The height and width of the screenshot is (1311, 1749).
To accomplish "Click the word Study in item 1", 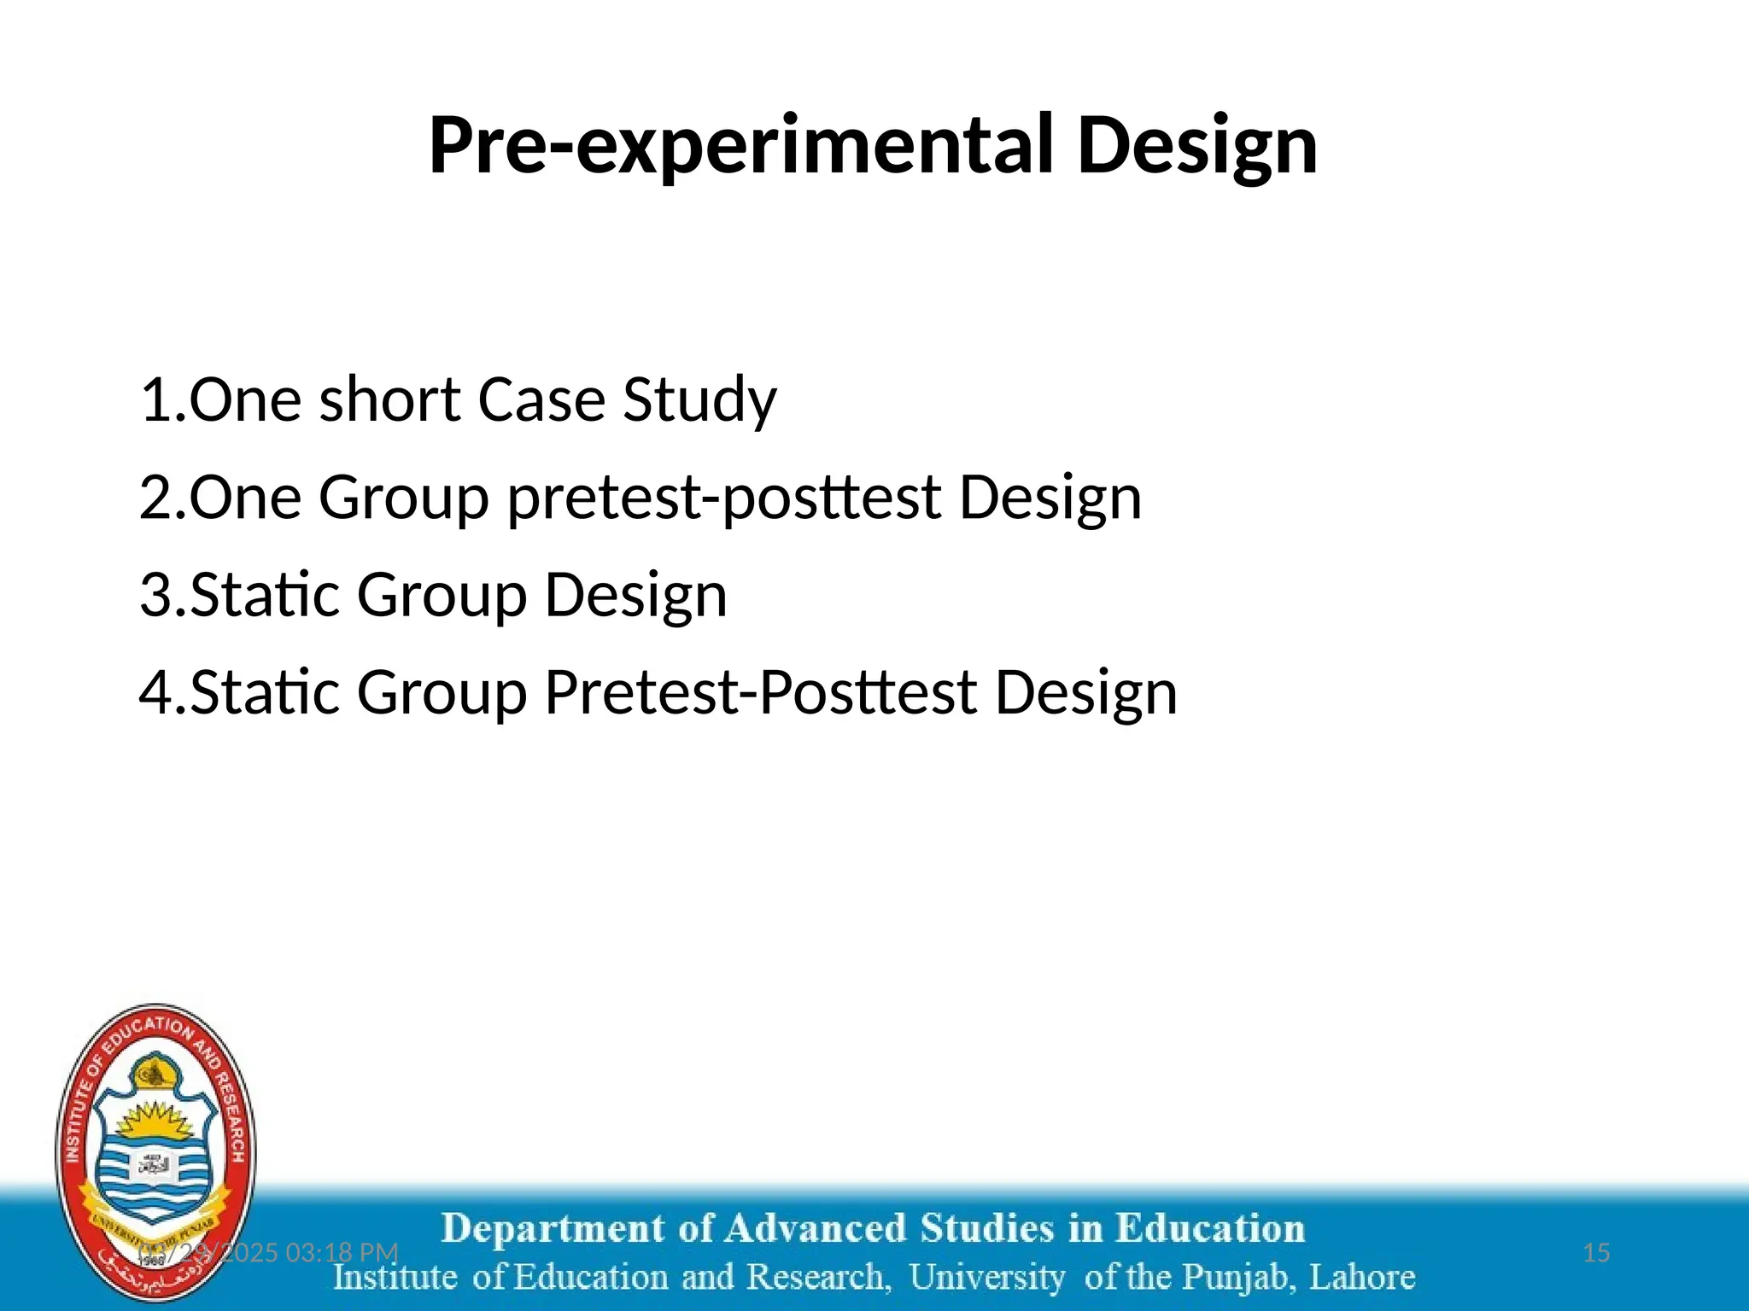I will click(x=699, y=399).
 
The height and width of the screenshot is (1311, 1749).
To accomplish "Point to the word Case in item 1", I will click(x=541, y=399).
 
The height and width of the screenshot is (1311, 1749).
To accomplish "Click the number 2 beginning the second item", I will click(x=155, y=498).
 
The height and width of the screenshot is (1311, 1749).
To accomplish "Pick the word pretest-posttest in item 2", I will click(x=723, y=498).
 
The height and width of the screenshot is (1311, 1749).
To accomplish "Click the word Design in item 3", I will click(x=636, y=595).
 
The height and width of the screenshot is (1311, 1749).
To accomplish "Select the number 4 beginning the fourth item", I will click(x=156, y=692).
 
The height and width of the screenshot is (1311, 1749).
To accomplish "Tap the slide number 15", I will click(x=1596, y=1253).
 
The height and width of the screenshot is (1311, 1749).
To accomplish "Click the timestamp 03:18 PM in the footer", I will click(x=342, y=1253).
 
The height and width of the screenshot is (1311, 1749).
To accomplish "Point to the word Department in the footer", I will click(x=552, y=1229).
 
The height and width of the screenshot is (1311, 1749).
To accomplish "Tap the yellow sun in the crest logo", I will click(x=155, y=1120).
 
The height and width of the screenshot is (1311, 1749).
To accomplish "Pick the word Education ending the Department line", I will click(x=1210, y=1229).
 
